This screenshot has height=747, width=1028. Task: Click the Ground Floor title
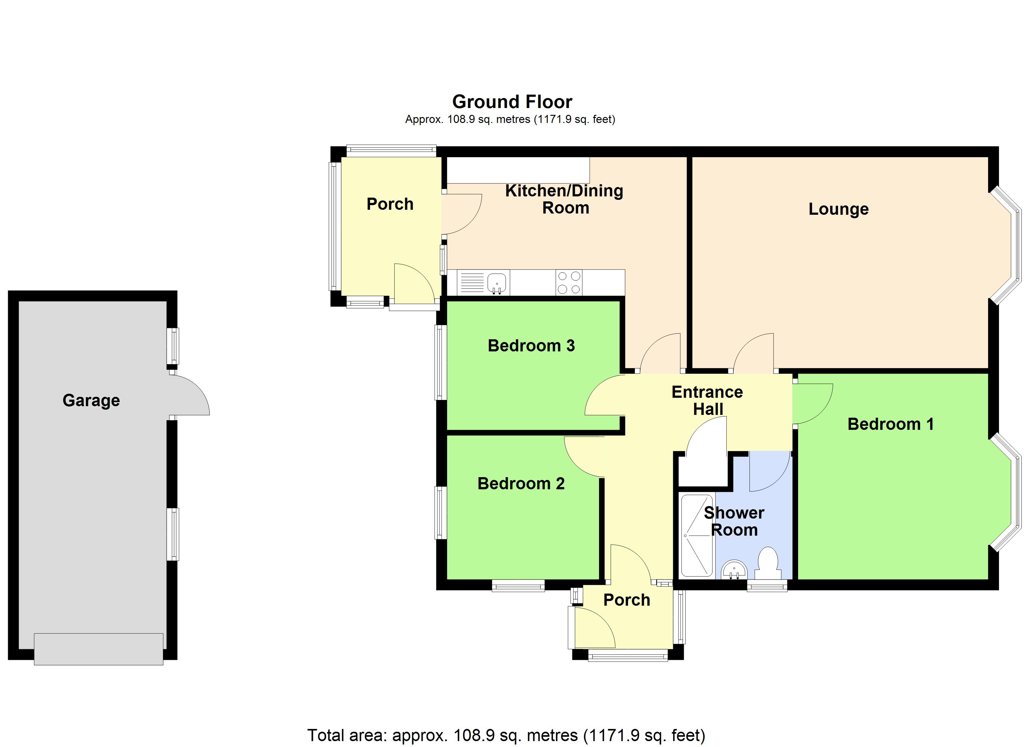pos(512,102)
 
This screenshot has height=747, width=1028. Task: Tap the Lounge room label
pos(839,209)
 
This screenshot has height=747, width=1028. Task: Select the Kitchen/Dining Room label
pos(564,199)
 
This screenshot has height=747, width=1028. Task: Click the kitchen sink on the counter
pos(497,282)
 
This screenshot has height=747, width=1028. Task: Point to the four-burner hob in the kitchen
pos(569,282)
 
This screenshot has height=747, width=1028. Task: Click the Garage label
pos(91,401)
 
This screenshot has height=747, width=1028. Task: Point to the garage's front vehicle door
pos(98,649)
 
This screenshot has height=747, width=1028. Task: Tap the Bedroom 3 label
pos(531,345)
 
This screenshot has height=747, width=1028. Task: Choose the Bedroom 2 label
pos(521,483)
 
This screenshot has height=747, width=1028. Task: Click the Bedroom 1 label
pos(890,424)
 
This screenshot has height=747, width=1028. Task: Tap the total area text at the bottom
pos(506,735)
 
